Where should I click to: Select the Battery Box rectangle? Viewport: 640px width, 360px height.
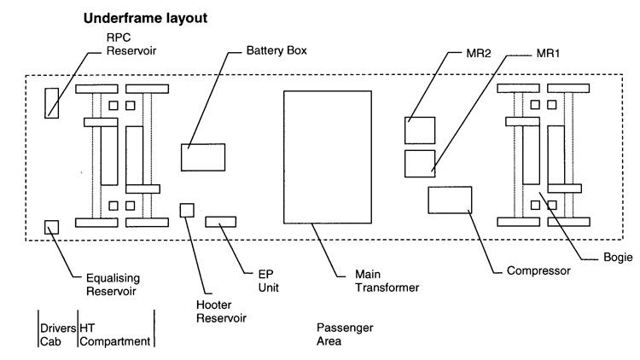[203, 158]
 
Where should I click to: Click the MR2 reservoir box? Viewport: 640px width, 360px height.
[419, 131]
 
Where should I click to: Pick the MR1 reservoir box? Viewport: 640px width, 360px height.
[419, 162]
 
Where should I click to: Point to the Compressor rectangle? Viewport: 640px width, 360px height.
[450, 200]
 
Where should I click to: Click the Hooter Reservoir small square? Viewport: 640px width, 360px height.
[187, 210]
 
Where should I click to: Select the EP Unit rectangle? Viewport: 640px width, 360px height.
[220, 223]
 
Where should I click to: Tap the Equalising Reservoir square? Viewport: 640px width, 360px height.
[52, 227]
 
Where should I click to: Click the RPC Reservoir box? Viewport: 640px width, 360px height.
[52, 102]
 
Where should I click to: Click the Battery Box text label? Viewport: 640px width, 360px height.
[276, 50]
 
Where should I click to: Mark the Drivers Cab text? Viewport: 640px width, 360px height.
[56, 334]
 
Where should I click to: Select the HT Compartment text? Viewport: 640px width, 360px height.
[115, 334]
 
